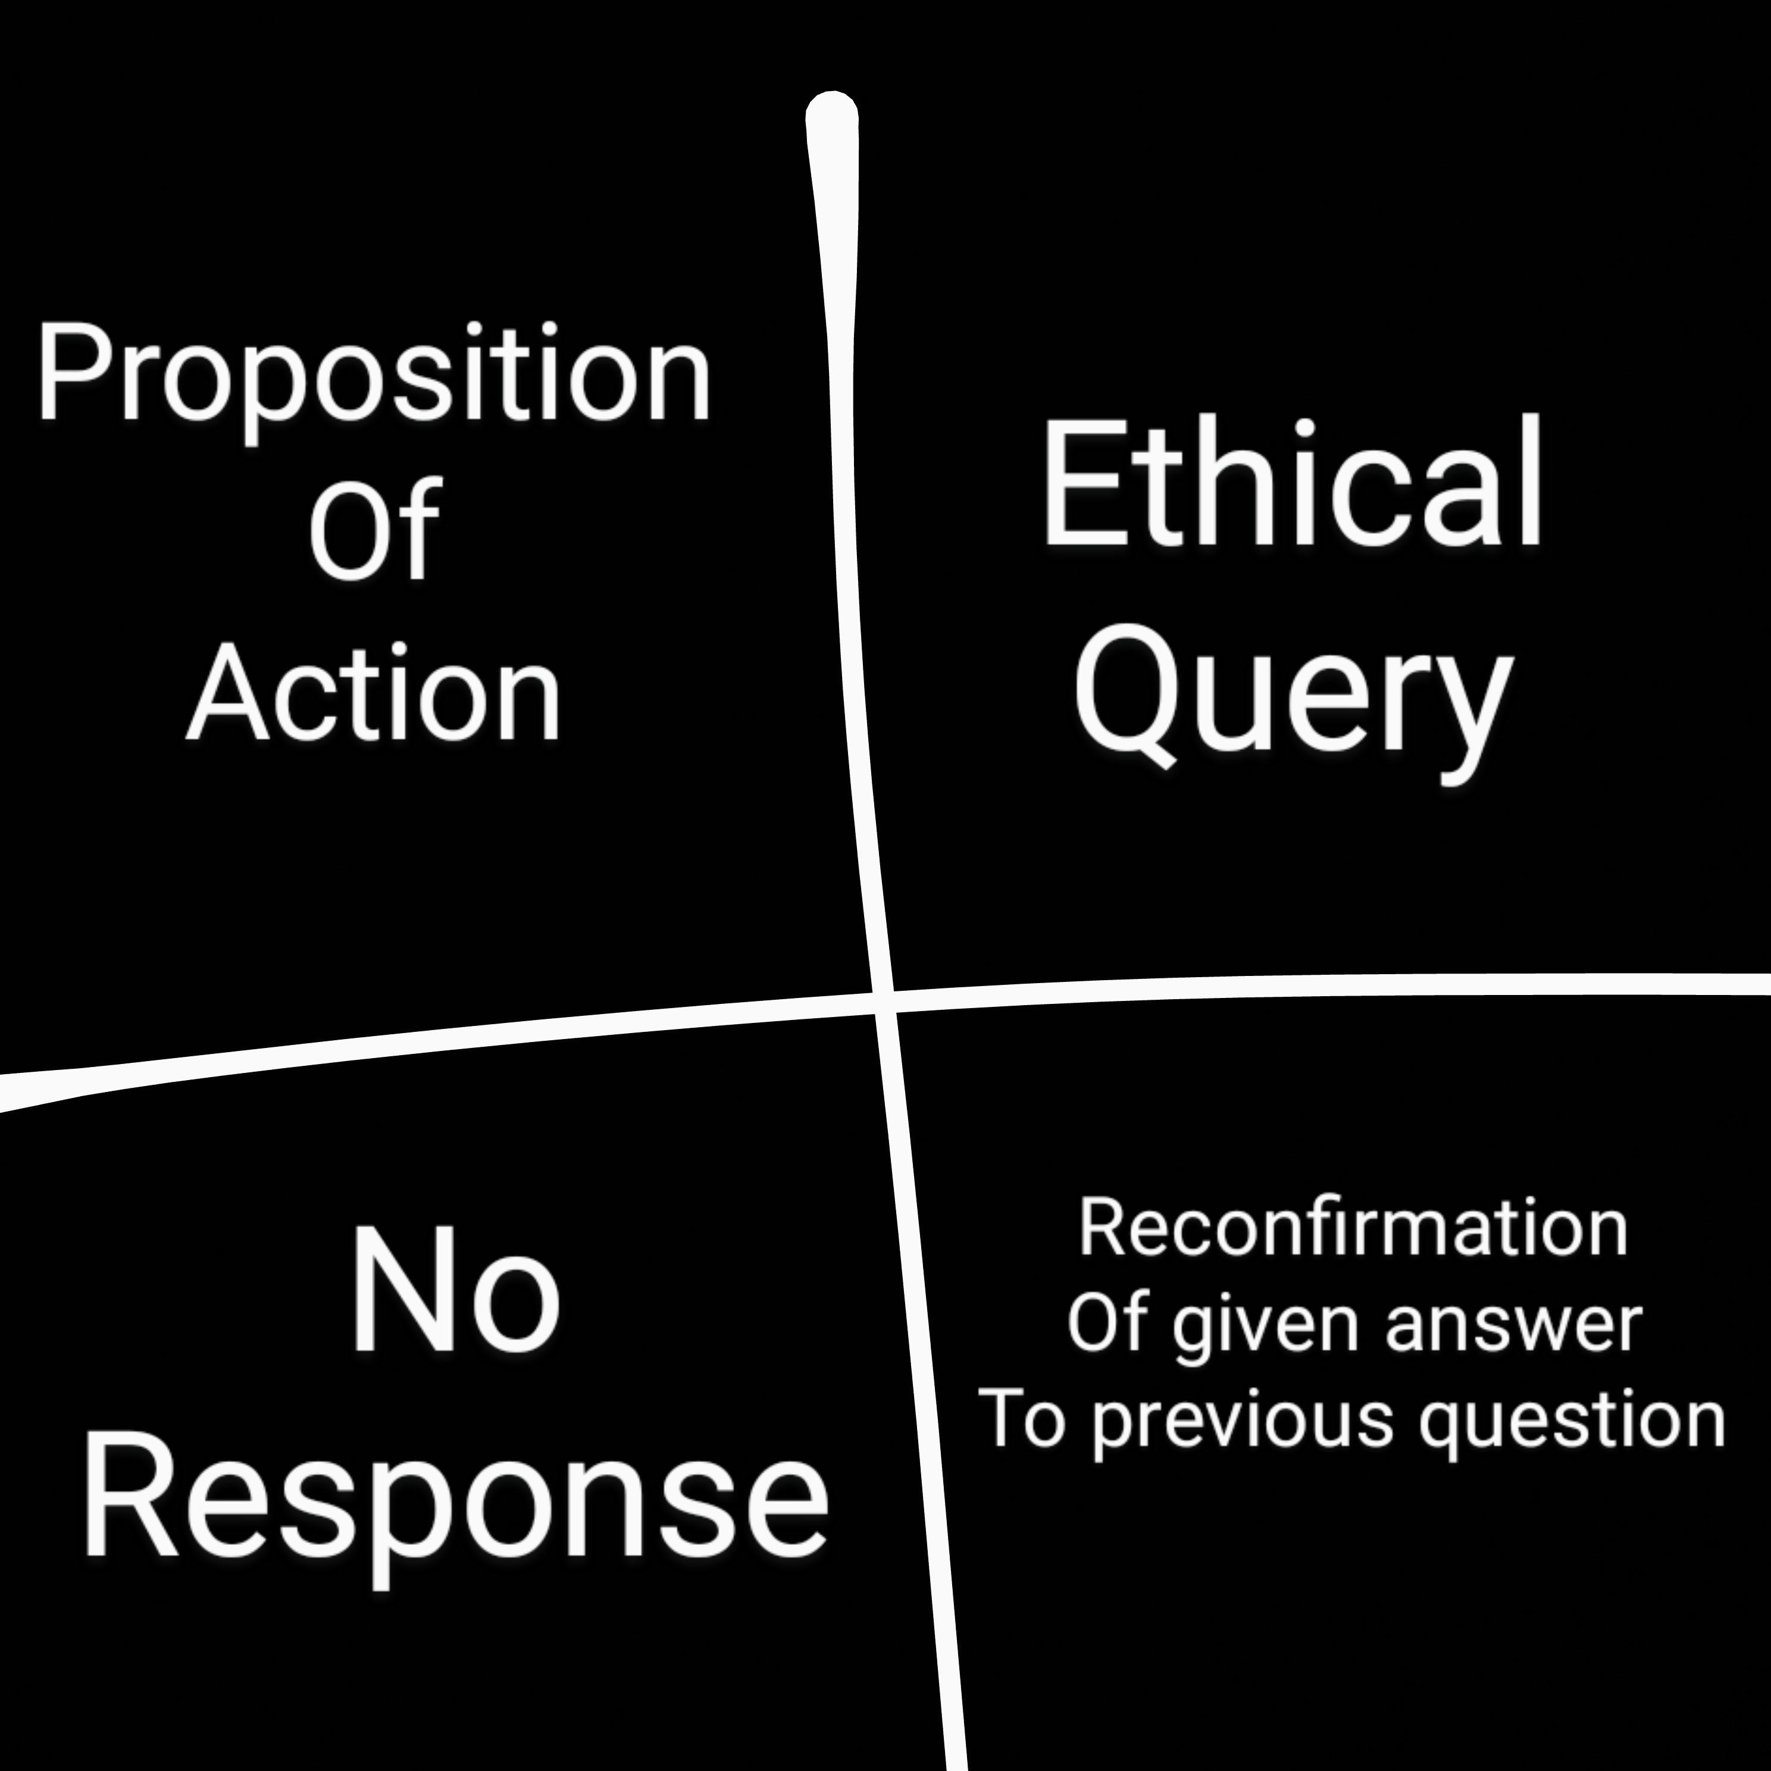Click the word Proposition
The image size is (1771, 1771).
pos(374,376)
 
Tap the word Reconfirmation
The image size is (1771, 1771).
pos(1353,1228)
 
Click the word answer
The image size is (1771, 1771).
pos(1513,1325)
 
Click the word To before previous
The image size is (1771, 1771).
pos(1022,1419)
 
